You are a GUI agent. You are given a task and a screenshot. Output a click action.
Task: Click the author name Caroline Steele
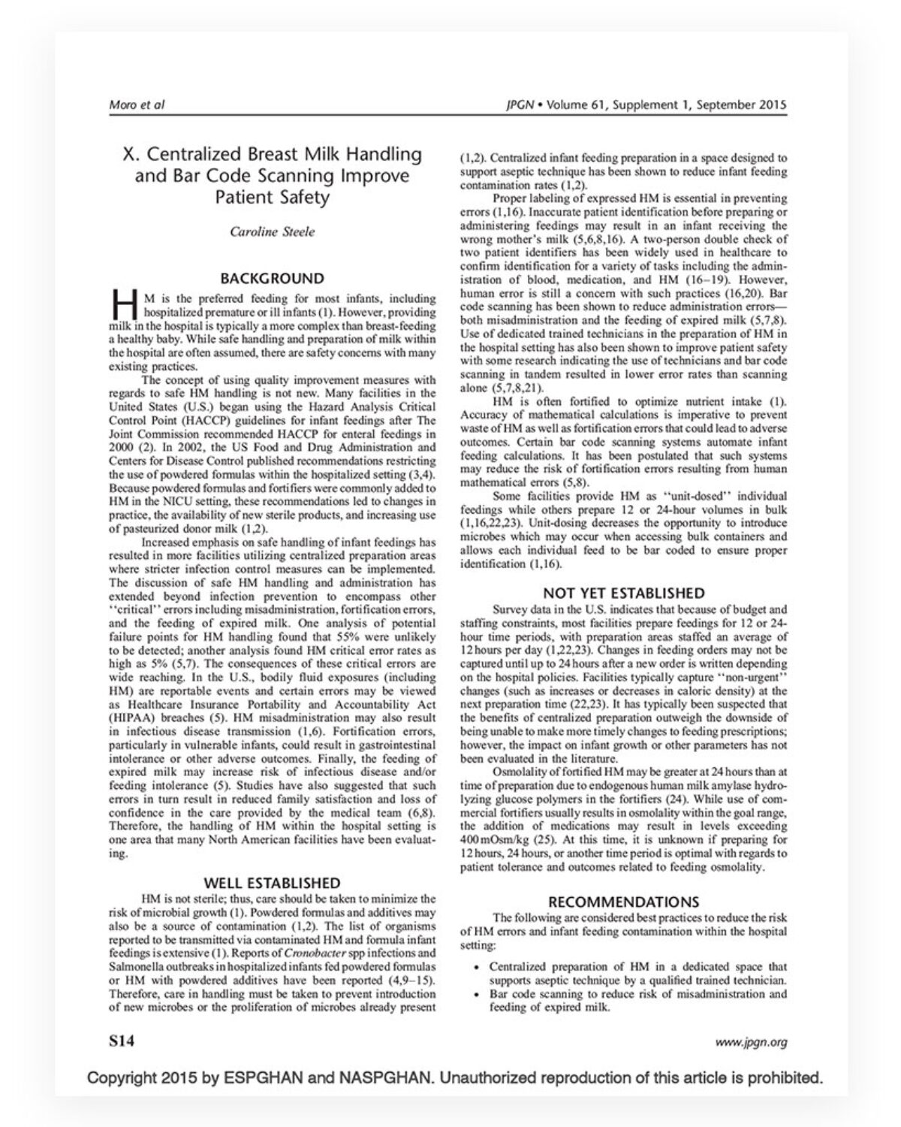coord(272,231)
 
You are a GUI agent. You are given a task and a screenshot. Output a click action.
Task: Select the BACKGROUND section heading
coord(272,278)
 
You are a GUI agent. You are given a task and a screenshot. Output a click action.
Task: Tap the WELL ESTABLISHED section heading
coord(272,882)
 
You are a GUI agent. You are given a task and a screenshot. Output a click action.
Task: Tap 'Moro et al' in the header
coord(137,104)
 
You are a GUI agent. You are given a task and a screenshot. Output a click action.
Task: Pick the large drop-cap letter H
coord(122,305)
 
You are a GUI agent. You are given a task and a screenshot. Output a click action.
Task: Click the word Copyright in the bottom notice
coord(121,1078)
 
